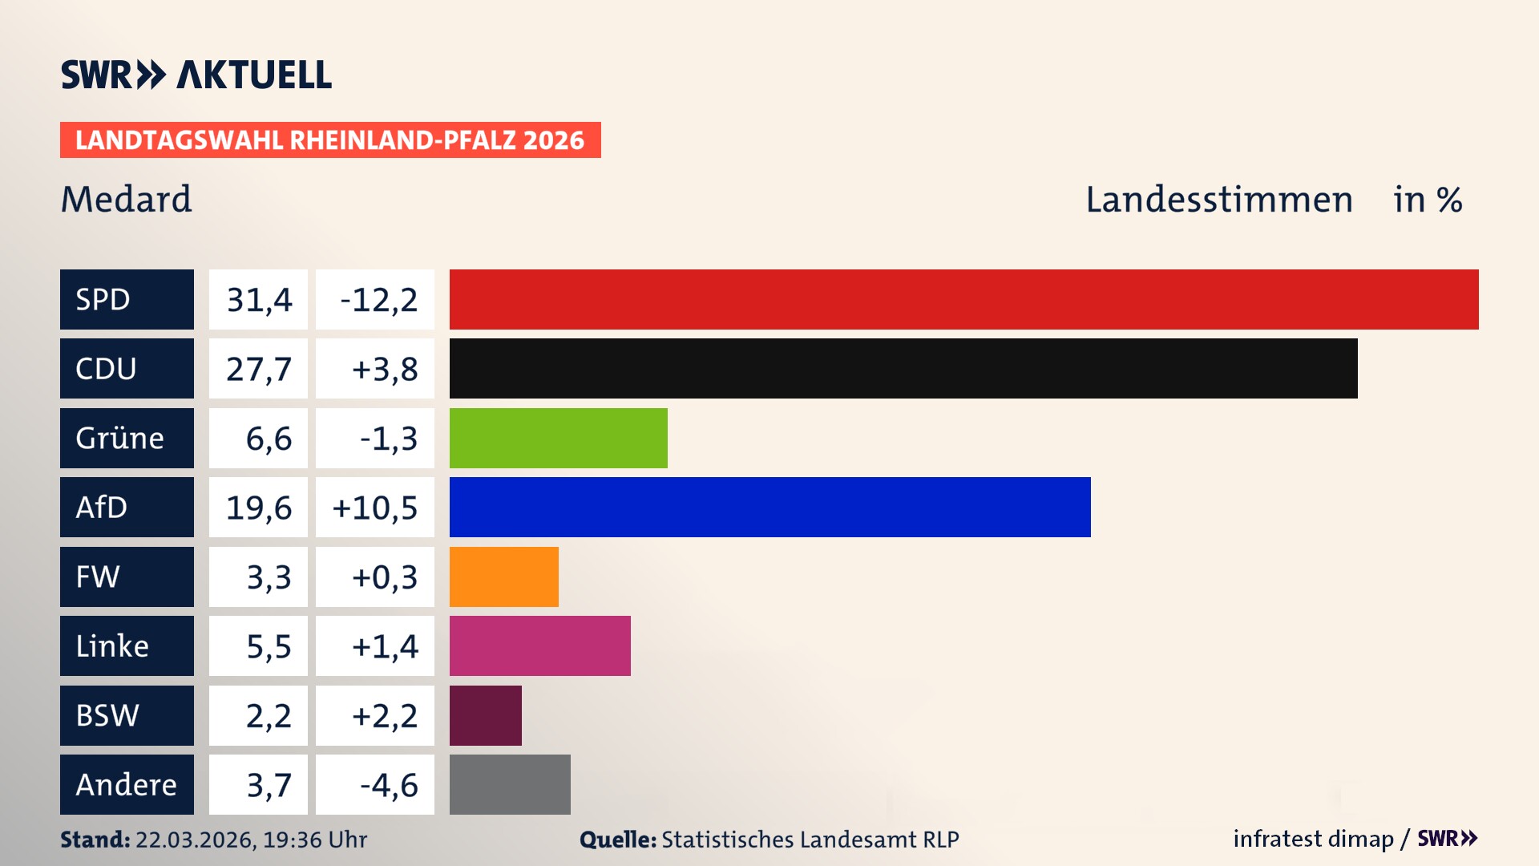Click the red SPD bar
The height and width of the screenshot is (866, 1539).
pos(963,299)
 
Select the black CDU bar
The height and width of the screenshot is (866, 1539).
pos(903,368)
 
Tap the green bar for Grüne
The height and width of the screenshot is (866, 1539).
pos(558,438)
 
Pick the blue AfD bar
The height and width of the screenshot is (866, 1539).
pos(769,507)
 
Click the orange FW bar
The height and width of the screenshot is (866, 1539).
pos(503,577)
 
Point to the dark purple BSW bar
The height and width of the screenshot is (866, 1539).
pos(485,715)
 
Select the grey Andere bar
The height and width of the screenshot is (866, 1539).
pos(510,784)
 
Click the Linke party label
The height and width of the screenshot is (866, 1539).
pos(127,645)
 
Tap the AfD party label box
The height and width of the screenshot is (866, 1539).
pos(127,507)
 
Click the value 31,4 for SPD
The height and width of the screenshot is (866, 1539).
pos(258,299)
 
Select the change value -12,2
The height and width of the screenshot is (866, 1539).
pos(375,299)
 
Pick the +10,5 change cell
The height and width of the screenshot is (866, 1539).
pos(375,507)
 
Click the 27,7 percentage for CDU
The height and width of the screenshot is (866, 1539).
pos(258,368)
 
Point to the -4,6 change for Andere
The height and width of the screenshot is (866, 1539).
pos(375,784)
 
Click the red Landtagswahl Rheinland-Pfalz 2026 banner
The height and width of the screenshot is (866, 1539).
pos(330,140)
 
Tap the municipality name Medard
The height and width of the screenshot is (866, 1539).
pos(127,199)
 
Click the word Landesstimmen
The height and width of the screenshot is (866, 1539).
pos(1218,199)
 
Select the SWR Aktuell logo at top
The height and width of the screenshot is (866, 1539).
pos(196,75)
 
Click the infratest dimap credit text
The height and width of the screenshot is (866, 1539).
pos(1313,839)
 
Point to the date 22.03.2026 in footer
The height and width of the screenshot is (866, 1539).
pos(195,840)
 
